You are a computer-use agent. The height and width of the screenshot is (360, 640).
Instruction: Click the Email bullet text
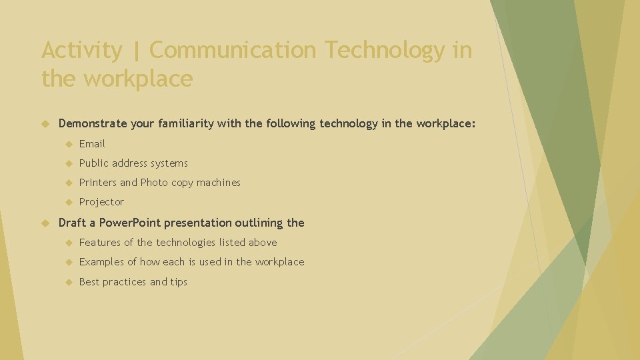92,144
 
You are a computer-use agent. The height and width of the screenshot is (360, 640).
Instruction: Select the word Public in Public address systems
94,163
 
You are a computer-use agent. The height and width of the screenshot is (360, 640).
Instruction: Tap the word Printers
98,183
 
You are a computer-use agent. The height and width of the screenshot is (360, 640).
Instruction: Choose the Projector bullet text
101,202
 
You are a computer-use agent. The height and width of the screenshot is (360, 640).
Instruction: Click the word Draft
73,223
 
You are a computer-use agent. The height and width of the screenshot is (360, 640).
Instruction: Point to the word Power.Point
129,223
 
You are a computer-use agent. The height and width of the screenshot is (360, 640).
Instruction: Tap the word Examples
101,262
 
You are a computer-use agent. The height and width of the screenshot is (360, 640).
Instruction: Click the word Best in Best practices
89,282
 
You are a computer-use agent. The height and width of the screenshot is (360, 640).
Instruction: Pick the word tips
179,282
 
